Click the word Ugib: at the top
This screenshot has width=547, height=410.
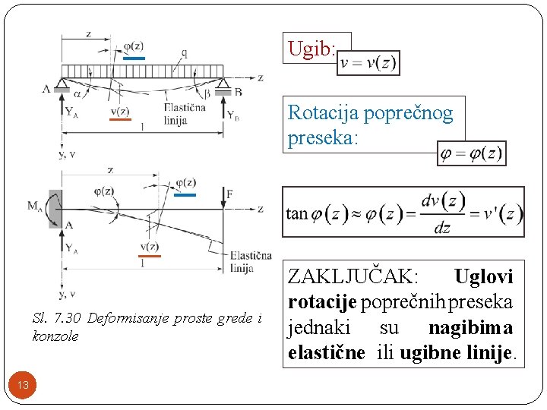pyautogui.click(x=311, y=50)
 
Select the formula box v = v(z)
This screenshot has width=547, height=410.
pyautogui.click(x=369, y=63)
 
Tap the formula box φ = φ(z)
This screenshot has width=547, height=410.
pyautogui.click(x=472, y=154)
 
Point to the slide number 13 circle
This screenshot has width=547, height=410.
pyautogui.click(x=24, y=385)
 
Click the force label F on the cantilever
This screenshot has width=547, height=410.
pyautogui.click(x=229, y=195)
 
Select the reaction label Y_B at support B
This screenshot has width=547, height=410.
pyautogui.click(x=234, y=115)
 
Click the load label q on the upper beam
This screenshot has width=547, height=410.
pyautogui.click(x=185, y=53)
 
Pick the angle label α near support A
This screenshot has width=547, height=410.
pyautogui.click(x=77, y=93)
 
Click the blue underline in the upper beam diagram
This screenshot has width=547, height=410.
pyautogui.click(x=133, y=57)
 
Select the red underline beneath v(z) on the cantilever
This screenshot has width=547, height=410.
pyautogui.click(x=150, y=256)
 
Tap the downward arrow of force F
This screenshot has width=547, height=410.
pyautogui.click(x=223, y=199)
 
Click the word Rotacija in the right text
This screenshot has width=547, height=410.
pyautogui.click(x=323, y=114)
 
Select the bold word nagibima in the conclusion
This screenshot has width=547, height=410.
pyautogui.click(x=470, y=328)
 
